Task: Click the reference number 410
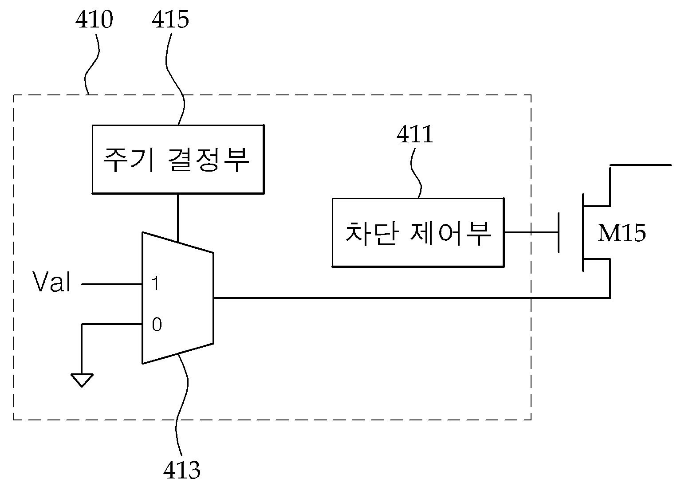[94, 20]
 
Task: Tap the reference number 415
[170, 20]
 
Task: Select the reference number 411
[415, 134]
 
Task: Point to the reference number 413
[181, 470]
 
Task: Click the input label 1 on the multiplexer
[155, 284]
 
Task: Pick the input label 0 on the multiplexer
[157, 325]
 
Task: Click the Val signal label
[51, 282]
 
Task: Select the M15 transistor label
[622, 233]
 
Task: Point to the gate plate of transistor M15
[559, 232]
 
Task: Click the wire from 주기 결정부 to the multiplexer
[178, 218]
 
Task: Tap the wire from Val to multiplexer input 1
[112, 284]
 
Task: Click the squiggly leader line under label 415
[174, 79]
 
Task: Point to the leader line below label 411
[416, 173]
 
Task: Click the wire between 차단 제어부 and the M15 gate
[531, 232]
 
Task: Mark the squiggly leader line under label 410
[92, 64]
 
